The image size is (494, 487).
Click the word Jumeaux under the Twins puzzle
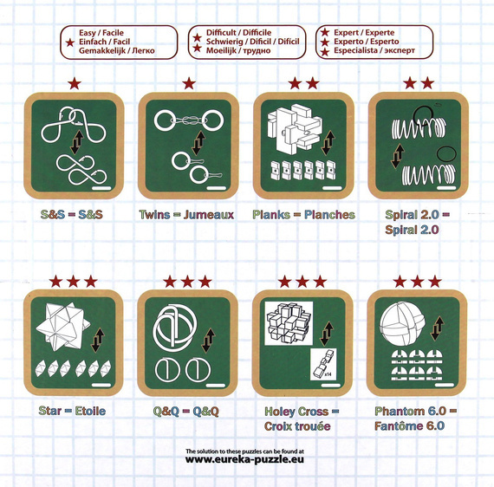[209, 215]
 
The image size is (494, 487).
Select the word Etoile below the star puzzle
[90, 411]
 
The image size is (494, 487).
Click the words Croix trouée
[297, 426]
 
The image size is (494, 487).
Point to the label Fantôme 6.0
[409, 426]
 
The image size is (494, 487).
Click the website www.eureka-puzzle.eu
[244, 459]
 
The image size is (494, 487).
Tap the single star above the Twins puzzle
[189, 83]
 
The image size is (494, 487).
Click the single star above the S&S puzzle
[75, 83]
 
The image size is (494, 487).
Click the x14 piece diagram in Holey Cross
[323, 364]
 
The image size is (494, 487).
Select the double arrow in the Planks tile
[329, 143]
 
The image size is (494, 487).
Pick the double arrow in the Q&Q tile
[208, 341]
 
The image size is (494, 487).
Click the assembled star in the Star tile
[62, 326]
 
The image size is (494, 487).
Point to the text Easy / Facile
[101, 32]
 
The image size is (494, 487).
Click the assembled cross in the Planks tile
[295, 131]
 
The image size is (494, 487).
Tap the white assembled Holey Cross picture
[289, 323]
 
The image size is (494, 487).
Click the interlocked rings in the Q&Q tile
[175, 328]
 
